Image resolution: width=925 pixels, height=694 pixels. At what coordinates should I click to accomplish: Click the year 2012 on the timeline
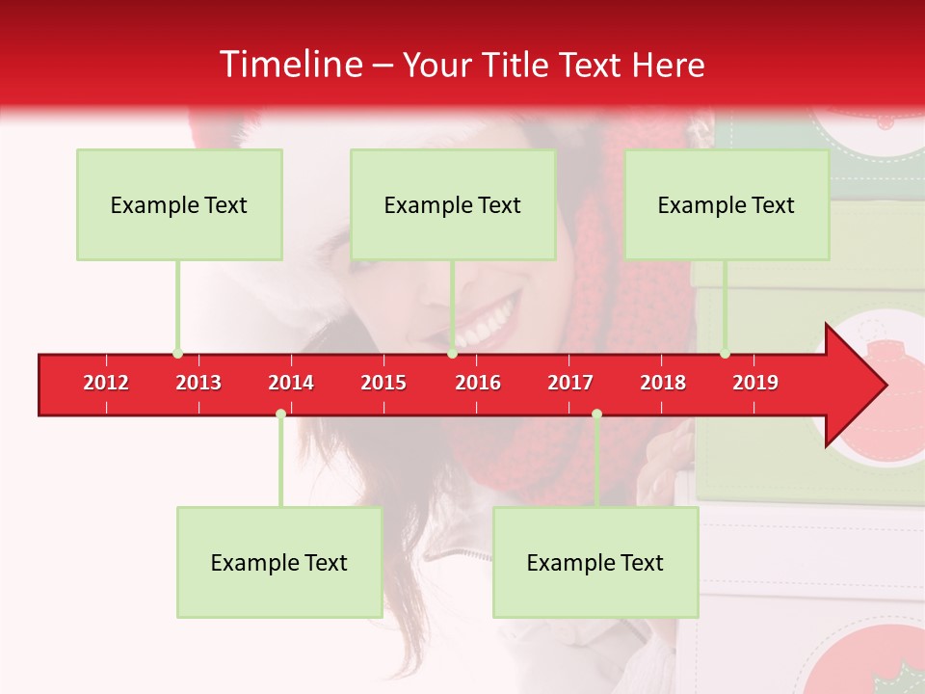106,383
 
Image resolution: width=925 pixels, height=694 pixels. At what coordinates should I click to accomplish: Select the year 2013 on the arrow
198,383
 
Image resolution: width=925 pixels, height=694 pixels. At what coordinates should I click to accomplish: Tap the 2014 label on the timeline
291,383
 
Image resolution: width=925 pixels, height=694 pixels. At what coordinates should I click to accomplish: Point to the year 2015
383,383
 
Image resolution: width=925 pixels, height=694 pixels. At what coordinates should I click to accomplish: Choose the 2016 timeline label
478,383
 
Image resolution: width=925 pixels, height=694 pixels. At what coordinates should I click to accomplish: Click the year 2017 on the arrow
570,383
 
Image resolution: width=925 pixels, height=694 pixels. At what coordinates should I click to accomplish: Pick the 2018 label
663,383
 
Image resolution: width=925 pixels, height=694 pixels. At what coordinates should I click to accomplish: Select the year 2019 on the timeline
755,383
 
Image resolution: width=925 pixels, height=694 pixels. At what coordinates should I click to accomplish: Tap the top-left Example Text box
179,205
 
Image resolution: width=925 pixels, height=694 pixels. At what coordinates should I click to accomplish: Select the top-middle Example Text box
453,205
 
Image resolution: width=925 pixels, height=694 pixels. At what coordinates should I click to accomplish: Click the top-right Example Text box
727,205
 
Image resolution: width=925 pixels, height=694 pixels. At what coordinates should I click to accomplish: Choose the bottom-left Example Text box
279,563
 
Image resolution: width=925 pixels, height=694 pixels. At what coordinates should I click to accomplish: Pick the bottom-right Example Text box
595,563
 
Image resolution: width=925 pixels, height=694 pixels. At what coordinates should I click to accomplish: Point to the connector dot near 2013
177,354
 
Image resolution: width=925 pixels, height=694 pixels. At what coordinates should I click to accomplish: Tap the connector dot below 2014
280,414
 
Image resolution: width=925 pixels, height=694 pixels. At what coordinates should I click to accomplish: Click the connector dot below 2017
596,414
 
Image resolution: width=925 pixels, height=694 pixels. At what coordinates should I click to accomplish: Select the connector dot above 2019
725,354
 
